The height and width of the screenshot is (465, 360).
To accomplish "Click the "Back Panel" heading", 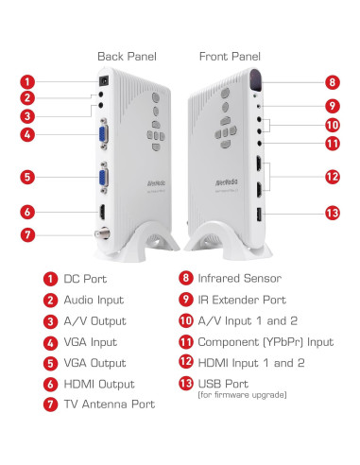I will click(126, 57).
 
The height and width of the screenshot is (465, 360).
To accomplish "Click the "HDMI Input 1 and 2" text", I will click(250, 363).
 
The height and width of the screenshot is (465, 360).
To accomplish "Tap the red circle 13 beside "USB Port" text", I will click(185, 384).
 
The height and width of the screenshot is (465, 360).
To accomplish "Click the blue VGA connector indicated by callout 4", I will click(101, 134).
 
